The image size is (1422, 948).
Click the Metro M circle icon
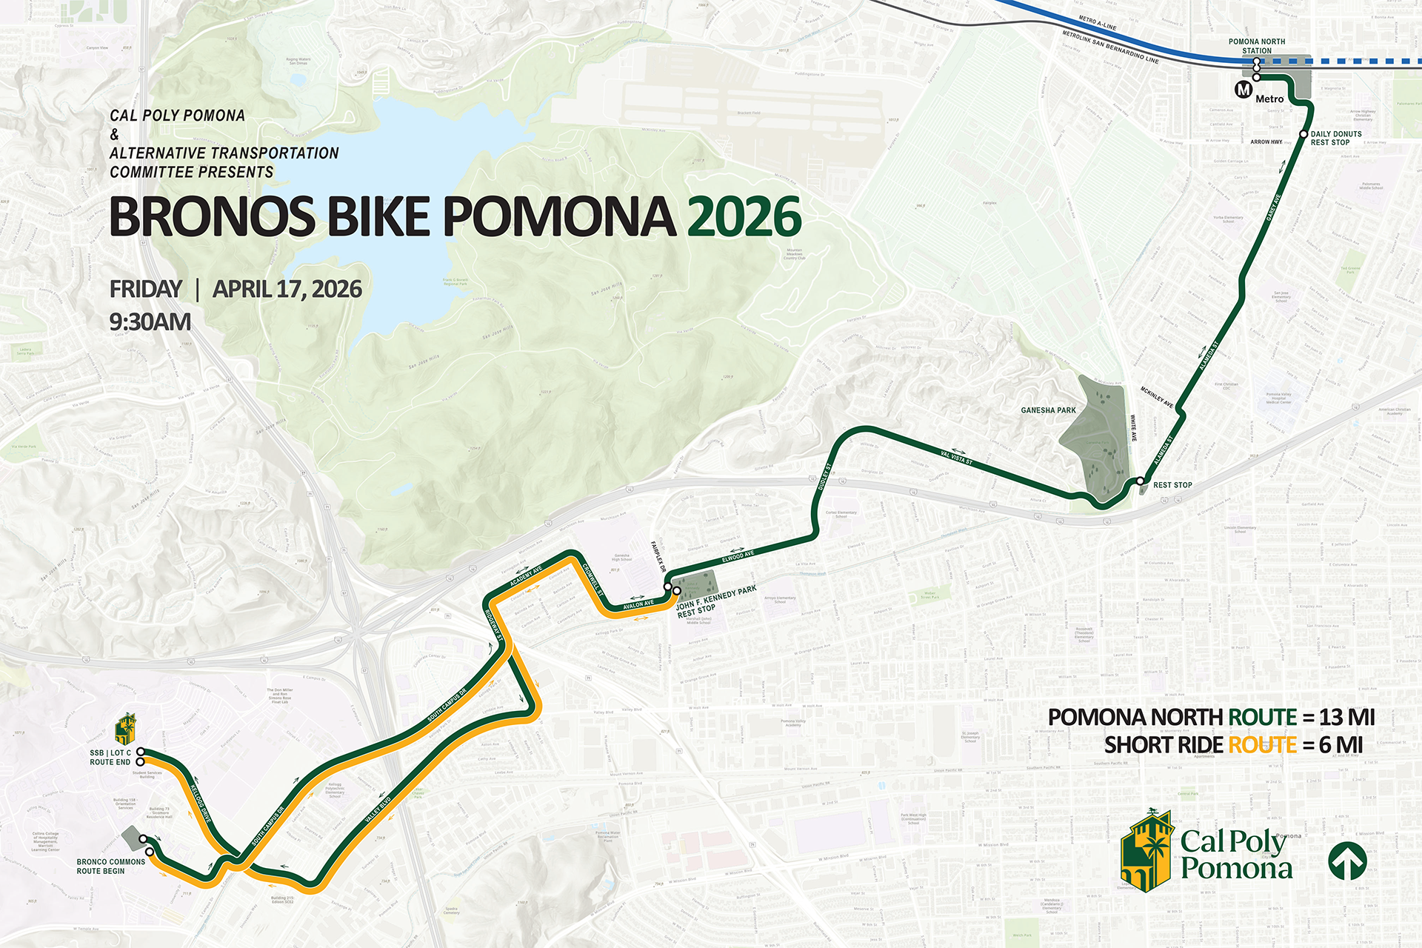coord(1244,90)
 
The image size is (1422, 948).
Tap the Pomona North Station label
coord(1257,46)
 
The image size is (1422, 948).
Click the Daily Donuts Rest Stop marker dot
coord(1303,134)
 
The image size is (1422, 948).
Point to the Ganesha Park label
coord(1048,410)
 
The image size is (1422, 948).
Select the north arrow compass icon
coord(1347,861)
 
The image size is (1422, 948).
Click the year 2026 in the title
coord(744,217)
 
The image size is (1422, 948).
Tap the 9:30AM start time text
coord(150,322)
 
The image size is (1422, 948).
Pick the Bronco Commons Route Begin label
coord(111,866)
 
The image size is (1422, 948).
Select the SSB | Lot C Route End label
coord(110,757)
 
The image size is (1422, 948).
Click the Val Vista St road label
coord(956,458)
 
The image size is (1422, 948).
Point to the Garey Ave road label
coord(1273,207)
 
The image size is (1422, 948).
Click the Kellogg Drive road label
coord(201,804)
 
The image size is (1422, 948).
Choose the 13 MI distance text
coord(1346,717)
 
